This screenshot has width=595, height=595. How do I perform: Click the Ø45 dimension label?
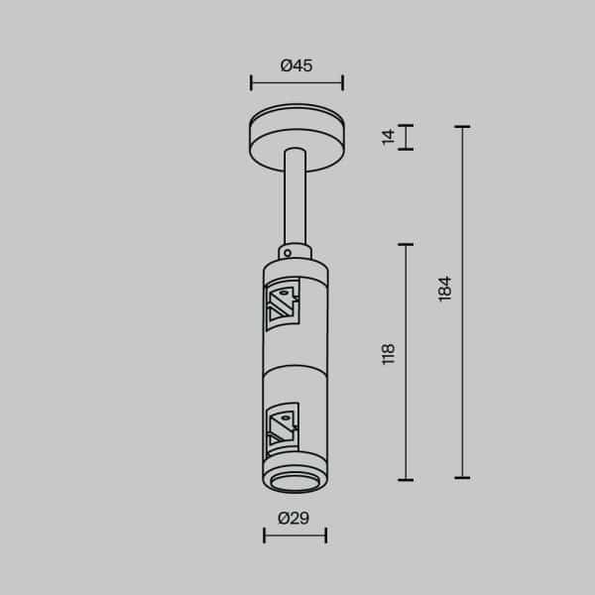click(297, 65)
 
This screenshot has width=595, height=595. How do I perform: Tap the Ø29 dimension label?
click(295, 518)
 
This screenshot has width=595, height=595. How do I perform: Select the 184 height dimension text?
click(445, 289)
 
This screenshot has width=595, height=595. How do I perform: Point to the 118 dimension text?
click(389, 353)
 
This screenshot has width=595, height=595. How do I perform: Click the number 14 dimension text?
click(389, 136)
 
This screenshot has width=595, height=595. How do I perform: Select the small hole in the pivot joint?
click(287, 253)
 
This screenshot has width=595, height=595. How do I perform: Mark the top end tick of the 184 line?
click(461, 126)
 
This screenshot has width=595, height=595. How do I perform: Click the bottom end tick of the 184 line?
click(461, 479)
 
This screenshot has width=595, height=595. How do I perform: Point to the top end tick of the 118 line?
click(405, 243)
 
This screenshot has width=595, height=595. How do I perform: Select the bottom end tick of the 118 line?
click(405, 479)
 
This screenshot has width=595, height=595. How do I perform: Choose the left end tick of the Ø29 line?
click(265, 535)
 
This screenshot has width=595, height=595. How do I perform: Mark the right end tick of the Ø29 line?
click(326, 535)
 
